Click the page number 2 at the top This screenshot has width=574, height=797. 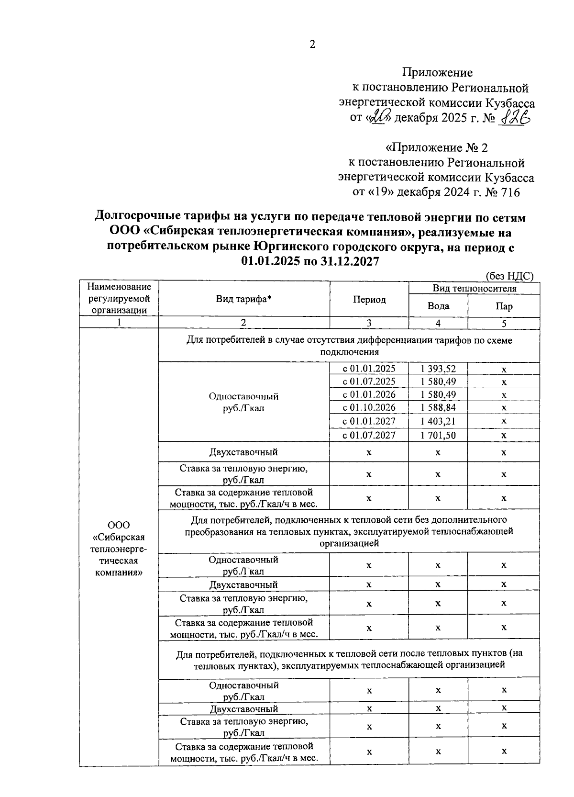point(313,45)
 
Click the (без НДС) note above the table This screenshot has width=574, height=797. point(509,276)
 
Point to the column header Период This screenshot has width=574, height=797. point(369,300)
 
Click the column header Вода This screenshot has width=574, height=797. point(438,306)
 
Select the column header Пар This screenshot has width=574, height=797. point(504,306)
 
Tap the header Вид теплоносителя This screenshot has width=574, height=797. point(474,288)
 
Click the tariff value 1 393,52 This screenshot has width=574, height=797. point(438,369)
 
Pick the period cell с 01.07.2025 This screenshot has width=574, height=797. point(369,382)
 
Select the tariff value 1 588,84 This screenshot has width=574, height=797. point(438,407)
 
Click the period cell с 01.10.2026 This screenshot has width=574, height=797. point(369,407)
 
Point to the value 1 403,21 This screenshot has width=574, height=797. point(438,421)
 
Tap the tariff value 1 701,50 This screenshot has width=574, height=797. point(438,435)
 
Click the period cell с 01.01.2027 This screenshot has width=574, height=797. point(369,421)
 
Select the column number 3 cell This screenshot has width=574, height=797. point(369,323)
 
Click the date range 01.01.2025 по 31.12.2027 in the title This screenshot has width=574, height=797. point(310,261)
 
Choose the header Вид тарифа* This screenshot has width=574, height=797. point(243,299)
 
